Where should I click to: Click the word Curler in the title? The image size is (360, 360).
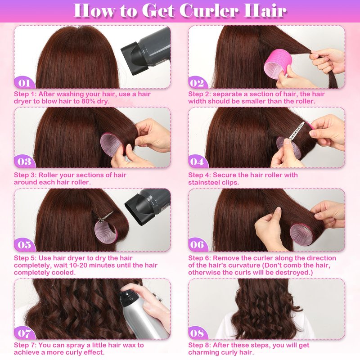pyautogui.click(x=208, y=10)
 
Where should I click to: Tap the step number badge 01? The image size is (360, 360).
pyautogui.click(x=24, y=83)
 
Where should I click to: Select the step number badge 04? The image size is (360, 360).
pyautogui.click(x=197, y=162)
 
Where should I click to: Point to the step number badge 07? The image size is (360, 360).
pyautogui.click(x=24, y=333)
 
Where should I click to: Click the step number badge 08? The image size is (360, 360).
pyautogui.click(x=197, y=333)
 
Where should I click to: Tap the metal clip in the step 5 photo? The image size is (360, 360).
pyautogui.click(x=106, y=217)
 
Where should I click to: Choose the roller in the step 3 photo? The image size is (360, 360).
pyautogui.click(x=112, y=144)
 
